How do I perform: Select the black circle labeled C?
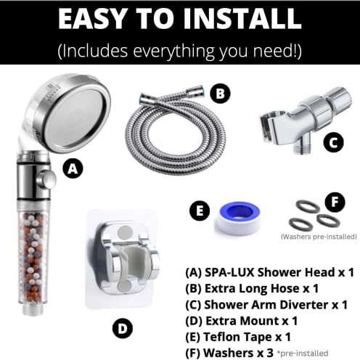click(332, 142)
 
